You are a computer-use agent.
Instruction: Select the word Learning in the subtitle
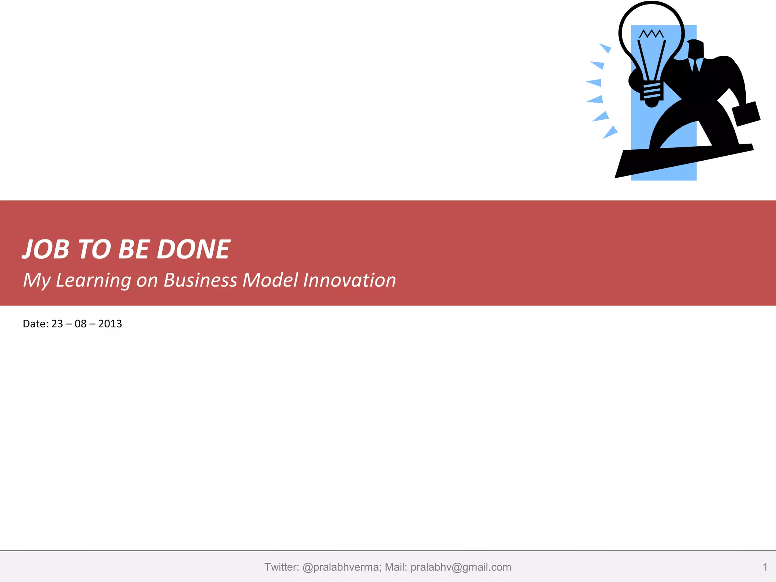pyautogui.click(x=93, y=280)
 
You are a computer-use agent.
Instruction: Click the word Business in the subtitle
pyautogui.click(x=200, y=280)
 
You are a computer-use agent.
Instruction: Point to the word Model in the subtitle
pyautogui.click(x=270, y=280)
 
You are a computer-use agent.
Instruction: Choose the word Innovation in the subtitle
pyautogui.click(x=349, y=280)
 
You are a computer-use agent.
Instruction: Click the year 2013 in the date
pyautogui.click(x=110, y=324)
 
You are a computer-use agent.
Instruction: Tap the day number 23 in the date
pyautogui.click(x=57, y=324)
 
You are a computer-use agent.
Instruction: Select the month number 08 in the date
pyautogui.click(x=80, y=324)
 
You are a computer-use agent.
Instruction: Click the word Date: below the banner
pyautogui.click(x=36, y=324)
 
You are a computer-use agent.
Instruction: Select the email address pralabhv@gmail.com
pyautogui.click(x=461, y=567)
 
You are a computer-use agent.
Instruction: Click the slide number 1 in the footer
pyautogui.click(x=765, y=567)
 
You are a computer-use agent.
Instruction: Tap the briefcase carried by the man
pyautogui.click(x=746, y=114)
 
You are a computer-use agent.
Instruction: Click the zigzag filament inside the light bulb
pyautogui.click(x=651, y=34)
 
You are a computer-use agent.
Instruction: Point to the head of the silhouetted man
pyautogui.click(x=696, y=48)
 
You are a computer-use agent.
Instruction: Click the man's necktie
pyautogui.click(x=696, y=65)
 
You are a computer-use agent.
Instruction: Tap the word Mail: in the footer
pyautogui.click(x=396, y=567)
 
